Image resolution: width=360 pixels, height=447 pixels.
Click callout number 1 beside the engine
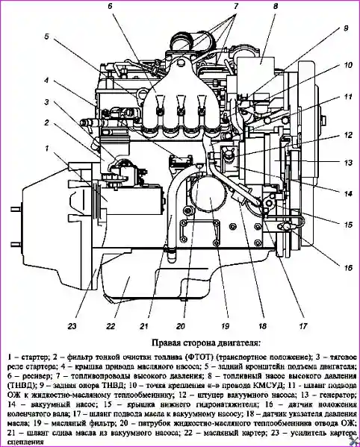(46, 149)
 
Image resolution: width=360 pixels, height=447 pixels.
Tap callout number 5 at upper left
(47, 37)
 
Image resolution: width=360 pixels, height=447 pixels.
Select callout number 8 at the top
(276, 6)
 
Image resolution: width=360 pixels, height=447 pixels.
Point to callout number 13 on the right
(348, 163)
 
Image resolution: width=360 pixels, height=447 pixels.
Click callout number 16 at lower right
(348, 268)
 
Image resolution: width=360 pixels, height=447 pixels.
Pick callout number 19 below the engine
(225, 326)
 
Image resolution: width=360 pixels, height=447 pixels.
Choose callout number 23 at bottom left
(72, 326)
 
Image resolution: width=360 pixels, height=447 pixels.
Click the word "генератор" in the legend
(338, 396)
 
